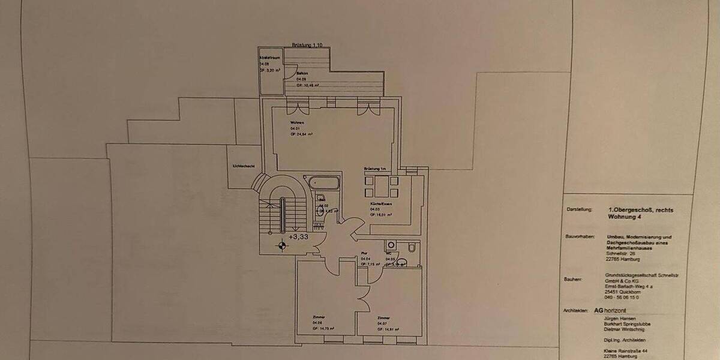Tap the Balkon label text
[x=302, y=72]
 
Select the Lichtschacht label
[x=243, y=166]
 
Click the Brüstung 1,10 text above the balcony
[x=307, y=45]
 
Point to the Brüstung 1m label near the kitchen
[x=375, y=169]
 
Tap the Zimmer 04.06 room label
[x=319, y=317]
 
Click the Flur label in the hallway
[x=364, y=253]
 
